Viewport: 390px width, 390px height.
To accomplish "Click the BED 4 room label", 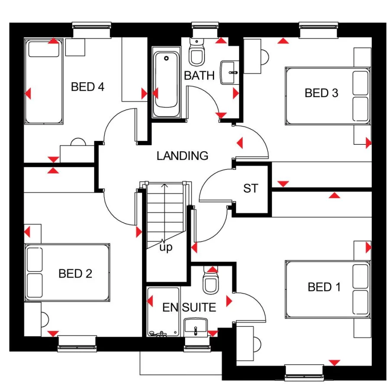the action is coord(88,87).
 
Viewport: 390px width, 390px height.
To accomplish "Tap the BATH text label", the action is coord(199,75).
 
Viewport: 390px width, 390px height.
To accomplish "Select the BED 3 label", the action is coord(322,93).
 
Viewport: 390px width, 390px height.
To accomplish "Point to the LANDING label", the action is coord(182,156).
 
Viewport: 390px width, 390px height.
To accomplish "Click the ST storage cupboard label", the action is coord(251,188).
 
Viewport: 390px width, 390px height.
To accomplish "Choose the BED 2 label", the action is coord(75,273).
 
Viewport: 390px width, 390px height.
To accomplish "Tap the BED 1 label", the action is coord(324,287).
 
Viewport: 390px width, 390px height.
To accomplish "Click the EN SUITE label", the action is coord(189,307).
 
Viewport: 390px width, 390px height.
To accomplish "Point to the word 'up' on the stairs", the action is coord(166,247).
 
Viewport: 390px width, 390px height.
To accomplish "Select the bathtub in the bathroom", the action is coord(166,82).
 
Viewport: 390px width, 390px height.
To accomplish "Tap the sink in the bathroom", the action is coord(229,72).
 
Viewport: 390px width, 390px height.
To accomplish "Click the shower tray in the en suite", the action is coord(163,312).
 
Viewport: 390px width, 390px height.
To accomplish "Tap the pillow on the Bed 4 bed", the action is coord(44,49).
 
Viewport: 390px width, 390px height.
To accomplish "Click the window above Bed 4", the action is coord(91,30).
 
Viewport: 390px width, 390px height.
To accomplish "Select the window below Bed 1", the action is coord(304,373).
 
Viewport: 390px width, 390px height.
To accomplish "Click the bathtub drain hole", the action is coord(166,58).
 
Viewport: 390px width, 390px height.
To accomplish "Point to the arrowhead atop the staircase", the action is coord(164,185).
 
